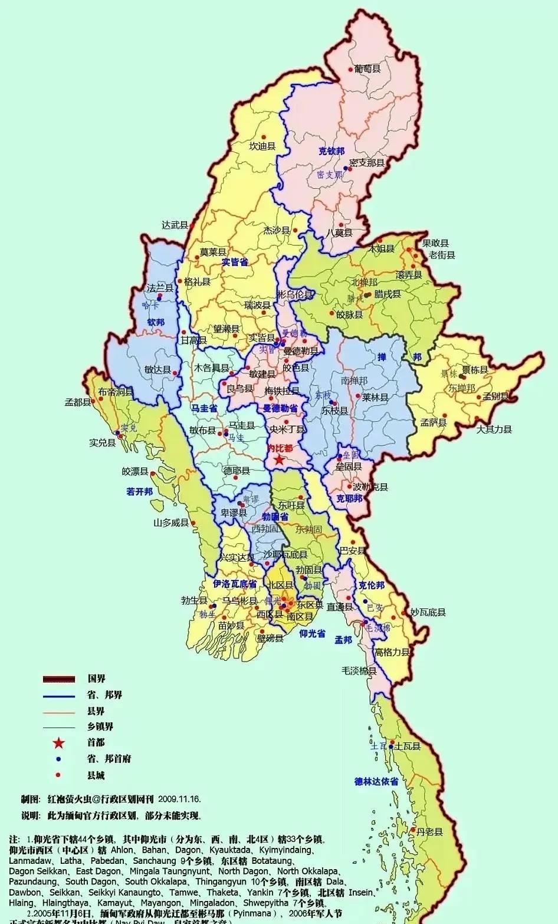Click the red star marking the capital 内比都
279,459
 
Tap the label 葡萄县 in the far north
367,69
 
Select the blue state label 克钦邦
331,151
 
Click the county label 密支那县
367,163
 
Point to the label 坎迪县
262,146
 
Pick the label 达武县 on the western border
175,225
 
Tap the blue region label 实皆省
234,262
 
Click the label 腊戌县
387,294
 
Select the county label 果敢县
435,243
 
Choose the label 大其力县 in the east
494,429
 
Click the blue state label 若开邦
139,492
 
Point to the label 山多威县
171,523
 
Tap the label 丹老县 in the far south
429,832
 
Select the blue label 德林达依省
376,781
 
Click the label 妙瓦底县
428,613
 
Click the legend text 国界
96,679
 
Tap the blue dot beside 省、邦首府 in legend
58,759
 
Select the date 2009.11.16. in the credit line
179,800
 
